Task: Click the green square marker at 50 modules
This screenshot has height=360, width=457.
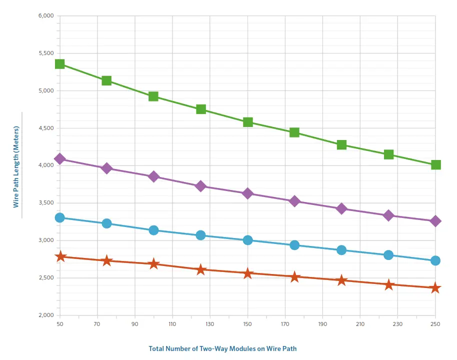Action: (x=60, y=64)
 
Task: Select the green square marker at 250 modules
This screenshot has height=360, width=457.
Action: (x=435, y=164)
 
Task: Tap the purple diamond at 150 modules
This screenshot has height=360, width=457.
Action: (x=247, y=193)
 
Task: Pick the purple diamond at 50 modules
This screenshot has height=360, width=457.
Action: (x=60, y=159)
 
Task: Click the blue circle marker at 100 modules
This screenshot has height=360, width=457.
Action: (x=153, y=230)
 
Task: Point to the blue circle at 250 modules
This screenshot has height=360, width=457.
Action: (x=435, y=260)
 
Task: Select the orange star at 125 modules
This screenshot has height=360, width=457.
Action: (x=201, y=270)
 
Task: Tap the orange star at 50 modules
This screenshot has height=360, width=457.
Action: (x=60, y=256)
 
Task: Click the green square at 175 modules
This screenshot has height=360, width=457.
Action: (x=294, y=132)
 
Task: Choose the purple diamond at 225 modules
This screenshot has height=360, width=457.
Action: (x=388, y=215)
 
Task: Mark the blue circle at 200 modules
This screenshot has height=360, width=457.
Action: (x=341, y=250)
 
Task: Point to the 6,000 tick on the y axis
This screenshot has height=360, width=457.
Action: (x=45, y=15)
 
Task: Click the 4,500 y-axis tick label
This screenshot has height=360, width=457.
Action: (x=45, y=128)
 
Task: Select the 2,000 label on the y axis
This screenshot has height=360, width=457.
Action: (x=45, y=315)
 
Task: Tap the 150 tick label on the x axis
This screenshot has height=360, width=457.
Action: (x=247, y=325)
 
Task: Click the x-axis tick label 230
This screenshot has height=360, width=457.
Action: (x=397, y=325)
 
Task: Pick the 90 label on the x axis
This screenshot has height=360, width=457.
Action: (x=135, y=325)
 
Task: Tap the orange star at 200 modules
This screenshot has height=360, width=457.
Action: (x=341, y=280)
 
